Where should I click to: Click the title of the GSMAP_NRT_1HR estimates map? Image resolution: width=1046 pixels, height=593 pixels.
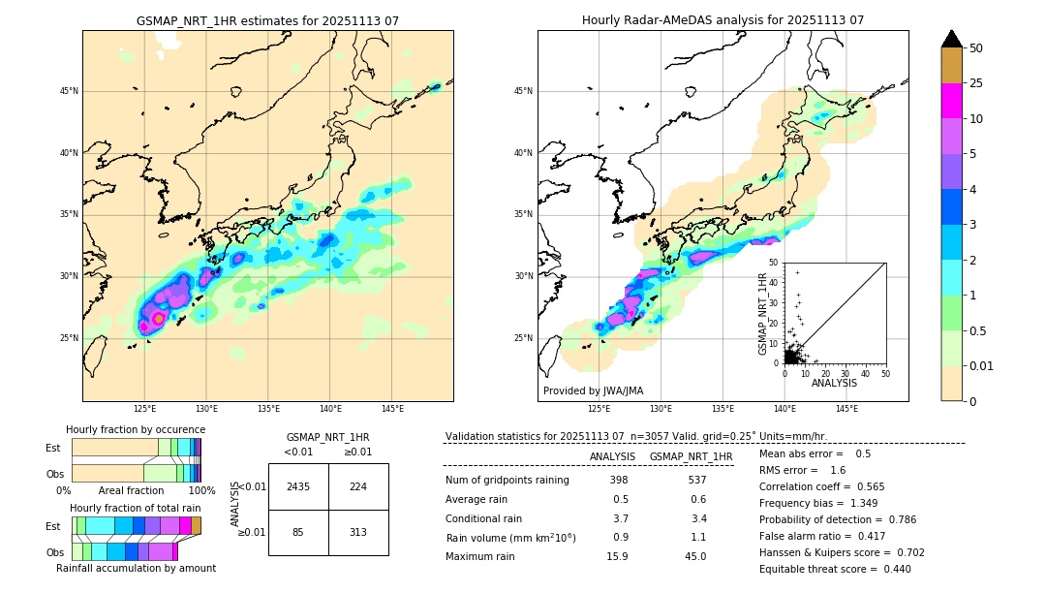267,20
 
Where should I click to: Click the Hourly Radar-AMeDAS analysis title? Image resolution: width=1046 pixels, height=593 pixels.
723,20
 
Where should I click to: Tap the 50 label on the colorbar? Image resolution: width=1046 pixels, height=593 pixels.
976,48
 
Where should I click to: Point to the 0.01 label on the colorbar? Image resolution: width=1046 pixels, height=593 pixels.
982,365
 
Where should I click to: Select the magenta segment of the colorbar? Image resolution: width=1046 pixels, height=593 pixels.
951,101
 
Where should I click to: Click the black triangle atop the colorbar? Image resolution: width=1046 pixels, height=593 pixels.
951,39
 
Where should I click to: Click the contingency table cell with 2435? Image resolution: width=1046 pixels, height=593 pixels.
298,486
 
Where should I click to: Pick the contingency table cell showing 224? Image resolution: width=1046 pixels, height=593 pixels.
358,486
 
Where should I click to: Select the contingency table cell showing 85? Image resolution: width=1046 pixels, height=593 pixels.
298,531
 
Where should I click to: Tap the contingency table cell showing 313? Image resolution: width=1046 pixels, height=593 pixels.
358,531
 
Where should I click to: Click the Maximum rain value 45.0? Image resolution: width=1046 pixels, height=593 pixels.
694,556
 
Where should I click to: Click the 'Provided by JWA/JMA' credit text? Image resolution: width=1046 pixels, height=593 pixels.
593,391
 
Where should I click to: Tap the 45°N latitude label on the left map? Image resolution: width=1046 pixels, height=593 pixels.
69,91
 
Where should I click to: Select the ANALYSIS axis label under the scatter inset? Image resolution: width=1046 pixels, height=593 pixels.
834,383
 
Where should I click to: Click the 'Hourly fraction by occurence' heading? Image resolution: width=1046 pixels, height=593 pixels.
136,429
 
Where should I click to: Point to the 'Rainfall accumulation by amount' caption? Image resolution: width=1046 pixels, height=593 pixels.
136,568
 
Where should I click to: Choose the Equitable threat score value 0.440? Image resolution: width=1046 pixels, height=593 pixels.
892,569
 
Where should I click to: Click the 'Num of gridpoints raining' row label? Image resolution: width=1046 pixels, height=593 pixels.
507,481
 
